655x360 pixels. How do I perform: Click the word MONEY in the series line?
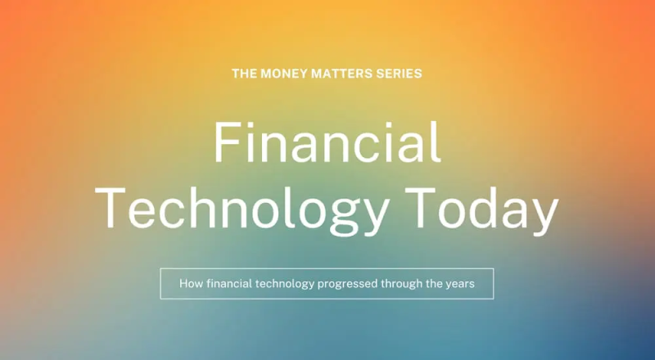point(284,74)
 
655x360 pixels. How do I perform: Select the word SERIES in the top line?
point(399,74)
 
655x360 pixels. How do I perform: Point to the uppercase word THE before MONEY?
point(244,74)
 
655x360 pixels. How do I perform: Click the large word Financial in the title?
point(327,142)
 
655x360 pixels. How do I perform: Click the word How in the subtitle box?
point(191,284)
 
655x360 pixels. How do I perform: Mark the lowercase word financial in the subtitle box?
point(229,284)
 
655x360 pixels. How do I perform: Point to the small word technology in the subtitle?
point(284,285)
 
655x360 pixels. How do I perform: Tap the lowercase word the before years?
point(434,284)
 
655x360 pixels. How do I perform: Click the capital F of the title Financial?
point(228,142)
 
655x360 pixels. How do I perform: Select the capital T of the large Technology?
point(111,208)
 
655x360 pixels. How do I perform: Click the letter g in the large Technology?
point(345,217)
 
